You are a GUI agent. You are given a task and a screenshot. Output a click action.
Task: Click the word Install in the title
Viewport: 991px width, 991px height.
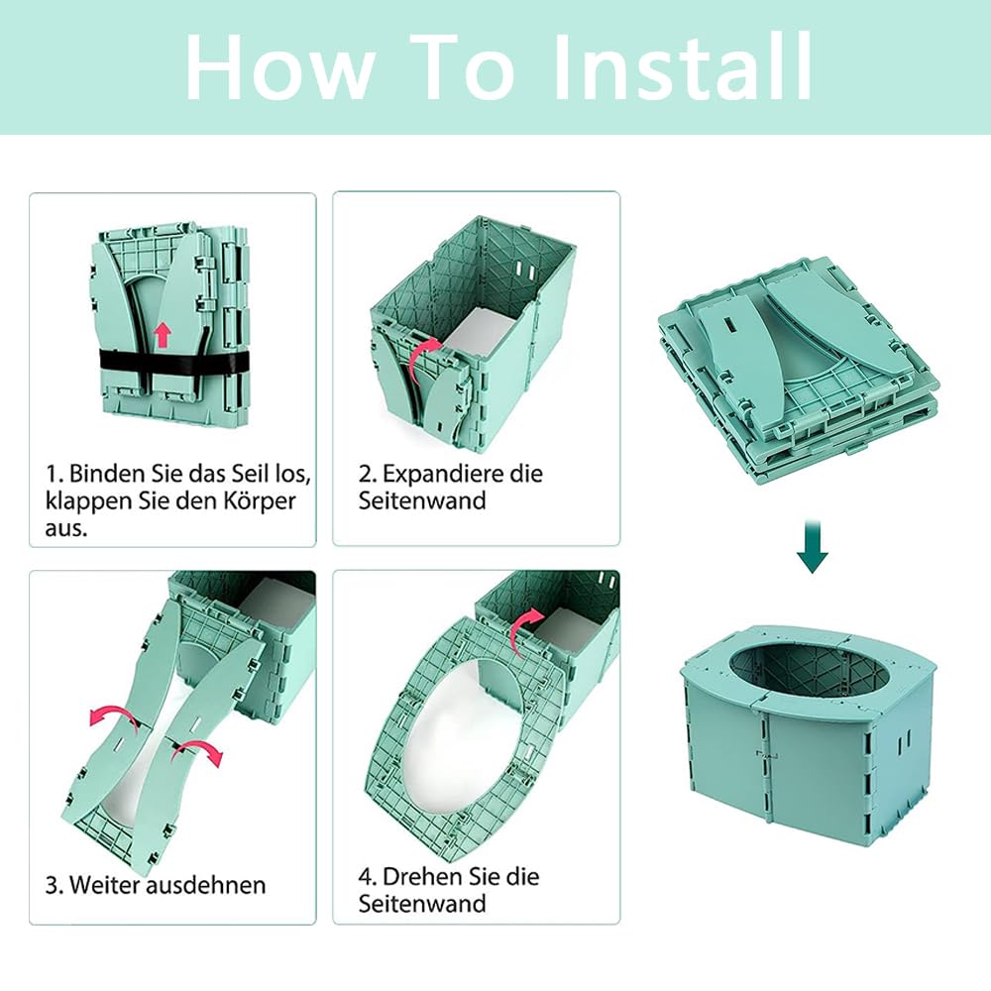coord(682,66)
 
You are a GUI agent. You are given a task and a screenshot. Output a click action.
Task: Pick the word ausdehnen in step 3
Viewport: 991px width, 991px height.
coord(206,884)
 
